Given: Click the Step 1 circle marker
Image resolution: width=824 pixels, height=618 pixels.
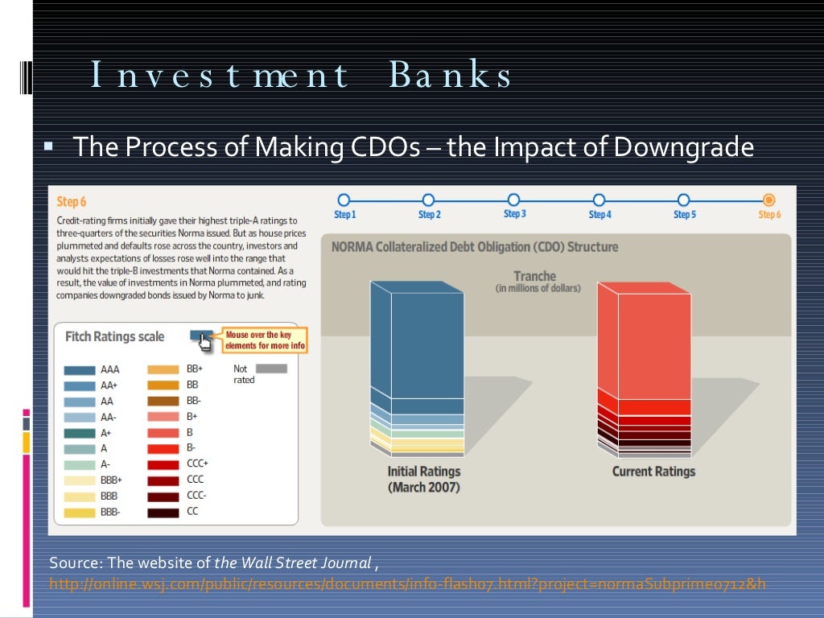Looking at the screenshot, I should click(344, 200).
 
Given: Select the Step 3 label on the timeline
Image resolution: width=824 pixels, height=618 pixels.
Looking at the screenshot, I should click(514, 214).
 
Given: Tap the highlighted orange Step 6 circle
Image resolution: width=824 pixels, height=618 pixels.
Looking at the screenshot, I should click(768, 200).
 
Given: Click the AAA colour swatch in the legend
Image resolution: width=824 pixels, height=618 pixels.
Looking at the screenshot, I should click(79, 370).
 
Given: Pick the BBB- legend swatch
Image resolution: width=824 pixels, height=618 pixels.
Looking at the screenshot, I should click(79, 513).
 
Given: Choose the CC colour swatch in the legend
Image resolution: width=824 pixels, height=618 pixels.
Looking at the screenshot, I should click(163, 513).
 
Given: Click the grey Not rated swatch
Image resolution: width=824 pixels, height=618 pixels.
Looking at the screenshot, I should click(271, 369).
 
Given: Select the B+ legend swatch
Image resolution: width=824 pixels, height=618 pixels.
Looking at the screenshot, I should click(163, 417).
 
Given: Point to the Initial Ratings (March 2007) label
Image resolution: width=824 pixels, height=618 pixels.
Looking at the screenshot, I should click(423, 480).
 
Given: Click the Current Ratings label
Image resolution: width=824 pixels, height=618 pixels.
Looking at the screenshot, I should click(653, 472).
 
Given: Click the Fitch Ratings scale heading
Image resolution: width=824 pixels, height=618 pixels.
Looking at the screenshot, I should click(114, 336).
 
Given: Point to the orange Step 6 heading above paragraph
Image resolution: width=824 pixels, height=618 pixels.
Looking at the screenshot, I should click(71, 202).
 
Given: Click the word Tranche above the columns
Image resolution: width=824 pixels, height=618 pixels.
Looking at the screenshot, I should click(535, 276).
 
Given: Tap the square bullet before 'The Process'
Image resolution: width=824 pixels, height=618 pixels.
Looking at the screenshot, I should click(47, 148).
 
